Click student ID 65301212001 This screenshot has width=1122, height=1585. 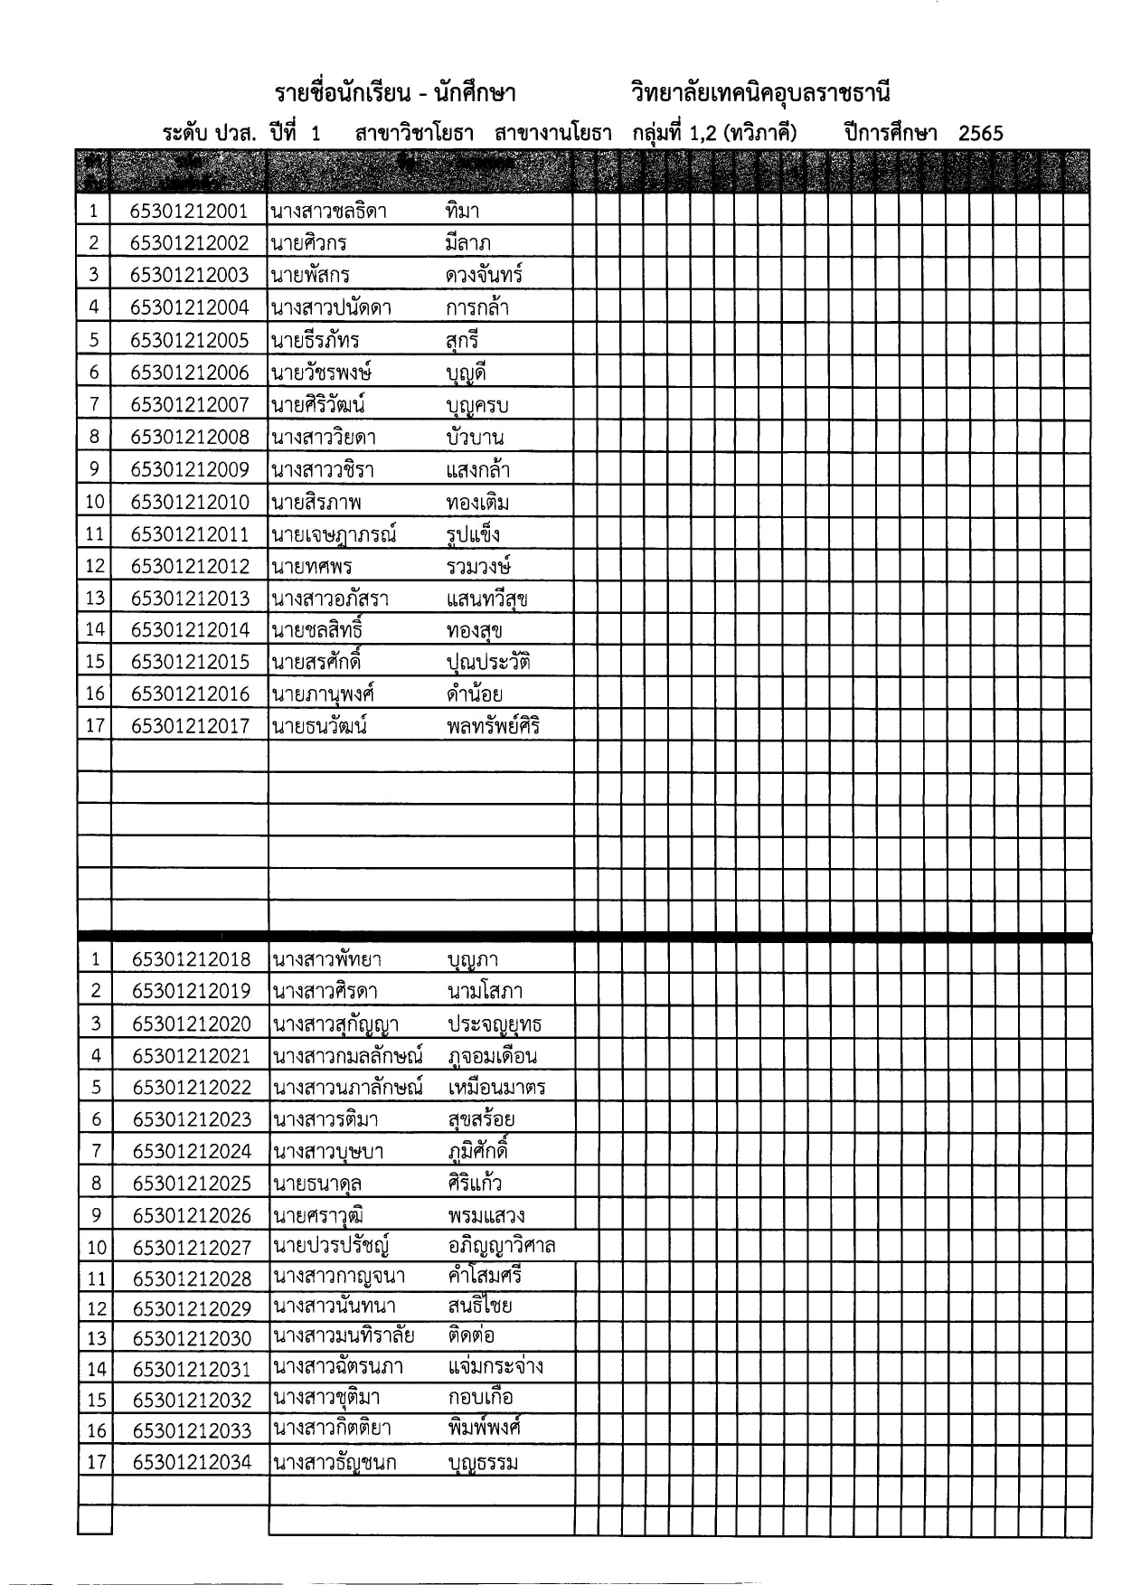click(189, 212)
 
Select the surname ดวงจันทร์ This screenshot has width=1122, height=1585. click(484, 275)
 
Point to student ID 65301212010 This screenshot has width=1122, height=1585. click(189, 503)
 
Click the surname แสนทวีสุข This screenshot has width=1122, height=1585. click(487, 599)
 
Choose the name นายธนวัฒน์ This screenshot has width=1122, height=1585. click(319, 726)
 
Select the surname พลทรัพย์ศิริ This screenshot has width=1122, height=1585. click(494, 726)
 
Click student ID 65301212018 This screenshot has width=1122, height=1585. click(191, 960)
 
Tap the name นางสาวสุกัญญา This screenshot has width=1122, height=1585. click(335, 1024)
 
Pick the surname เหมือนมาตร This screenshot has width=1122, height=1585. click(496, 1088)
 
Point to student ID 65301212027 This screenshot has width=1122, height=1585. click(191, 1248)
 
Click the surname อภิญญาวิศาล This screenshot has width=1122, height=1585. click(501, 1247)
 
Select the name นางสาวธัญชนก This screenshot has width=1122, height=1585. click(335, 1463)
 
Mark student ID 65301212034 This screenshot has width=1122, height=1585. click(191, 1462)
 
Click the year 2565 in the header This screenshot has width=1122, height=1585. click(980, 134)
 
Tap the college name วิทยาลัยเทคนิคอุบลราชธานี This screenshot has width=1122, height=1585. click(761, 94)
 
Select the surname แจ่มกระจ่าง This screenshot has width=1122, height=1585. click(495, 1366)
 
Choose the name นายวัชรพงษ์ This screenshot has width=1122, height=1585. click(322, 373)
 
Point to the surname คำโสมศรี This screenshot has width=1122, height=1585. click(485, 1277)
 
